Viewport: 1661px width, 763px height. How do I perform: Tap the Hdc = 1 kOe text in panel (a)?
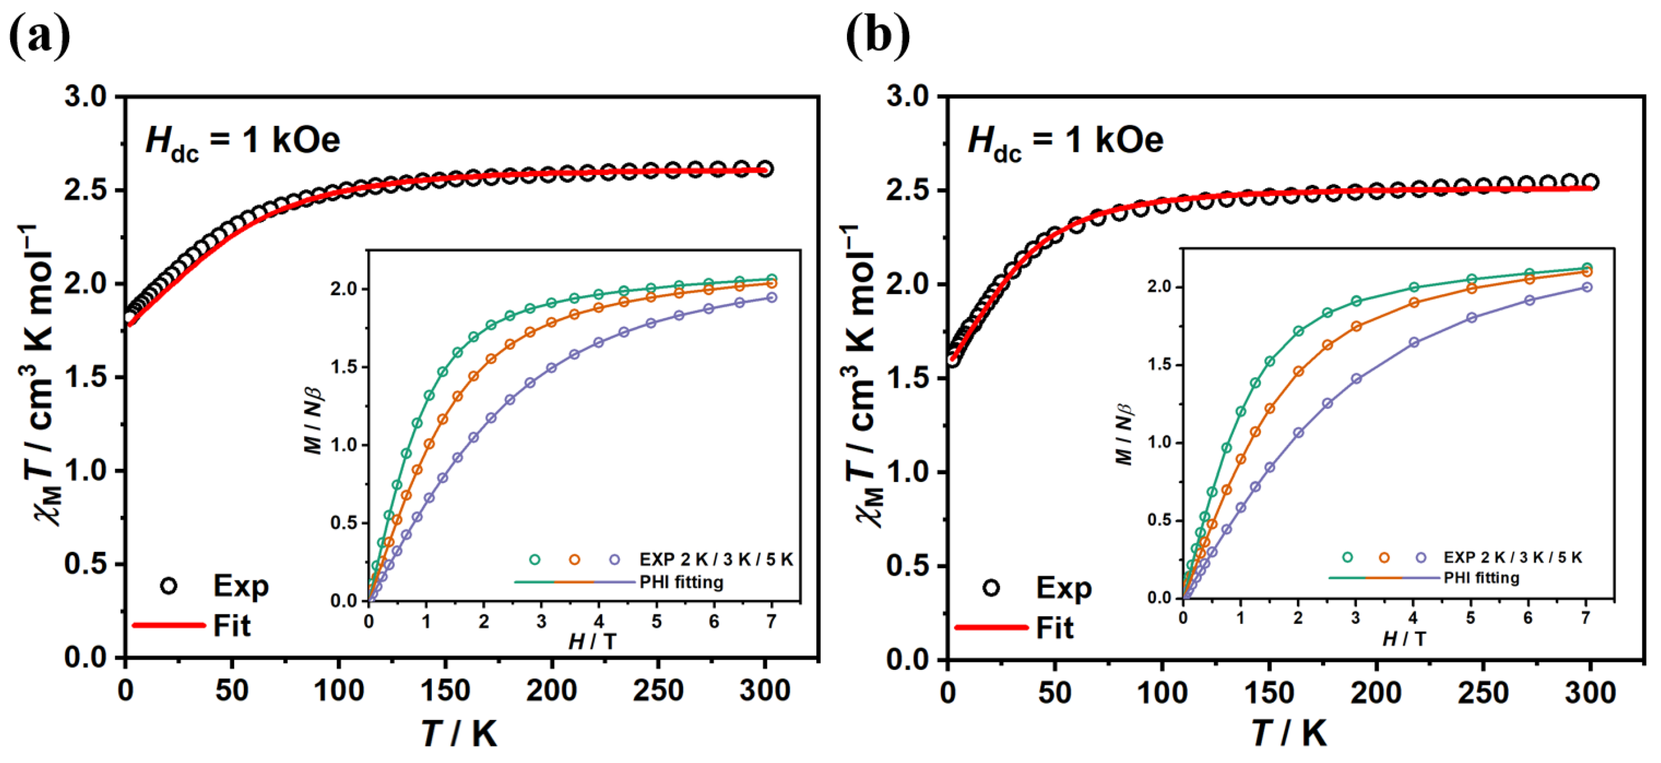(243, 141)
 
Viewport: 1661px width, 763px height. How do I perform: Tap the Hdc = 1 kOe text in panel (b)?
(1065, 141)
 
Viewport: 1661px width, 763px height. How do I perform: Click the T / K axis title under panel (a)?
(459, 733)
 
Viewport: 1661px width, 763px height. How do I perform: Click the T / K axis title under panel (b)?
(1289, 733)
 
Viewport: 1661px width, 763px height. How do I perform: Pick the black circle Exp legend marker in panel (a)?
(169, 586)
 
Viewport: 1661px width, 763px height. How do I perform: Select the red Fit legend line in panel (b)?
(991, 627)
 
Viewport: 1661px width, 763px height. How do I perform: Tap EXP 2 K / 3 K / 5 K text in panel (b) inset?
(1513, 558)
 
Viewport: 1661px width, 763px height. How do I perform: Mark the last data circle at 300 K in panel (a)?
(765, 169)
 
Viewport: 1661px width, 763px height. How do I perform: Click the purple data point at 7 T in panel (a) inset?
(771, 298)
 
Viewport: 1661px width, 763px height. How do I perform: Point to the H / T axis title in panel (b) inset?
(1404, 639)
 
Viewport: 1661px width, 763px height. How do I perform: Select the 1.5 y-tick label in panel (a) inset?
(344, 367)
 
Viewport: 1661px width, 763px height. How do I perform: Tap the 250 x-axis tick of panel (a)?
(658, 691)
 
